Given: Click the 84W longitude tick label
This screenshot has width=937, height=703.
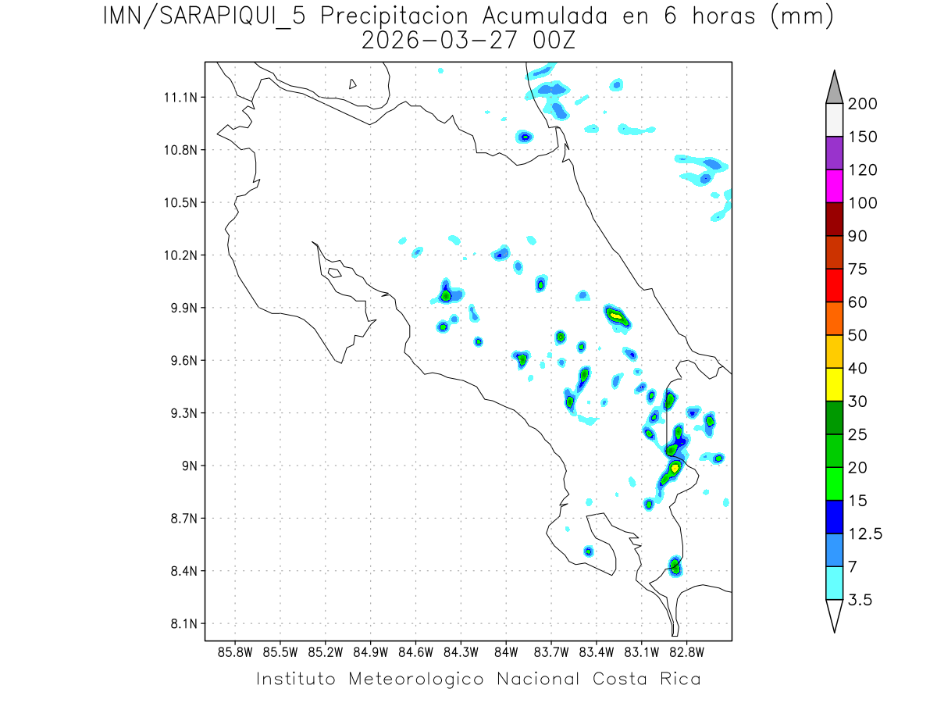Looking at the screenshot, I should (506, 651).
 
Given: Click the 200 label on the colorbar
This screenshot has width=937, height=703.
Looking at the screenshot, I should (863, 104).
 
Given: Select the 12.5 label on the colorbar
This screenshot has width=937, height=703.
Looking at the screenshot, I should (864, 534).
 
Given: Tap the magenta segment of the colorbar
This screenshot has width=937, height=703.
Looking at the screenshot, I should (834, 186).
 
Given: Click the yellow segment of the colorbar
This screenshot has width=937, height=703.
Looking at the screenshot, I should (834, 384).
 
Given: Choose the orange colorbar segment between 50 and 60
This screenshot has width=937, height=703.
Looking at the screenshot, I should (834, 318).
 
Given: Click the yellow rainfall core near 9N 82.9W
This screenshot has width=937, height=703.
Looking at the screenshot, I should (675, 468).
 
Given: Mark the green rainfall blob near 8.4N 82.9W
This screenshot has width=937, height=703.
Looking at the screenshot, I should (675, 566).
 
